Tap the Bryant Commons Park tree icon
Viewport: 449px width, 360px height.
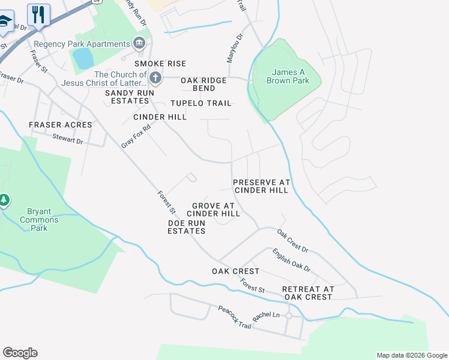(5, 199)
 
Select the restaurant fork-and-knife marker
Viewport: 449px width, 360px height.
(39, 14)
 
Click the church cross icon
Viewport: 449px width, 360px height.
(155, 77)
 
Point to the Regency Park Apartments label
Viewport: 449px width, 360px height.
(82, 44)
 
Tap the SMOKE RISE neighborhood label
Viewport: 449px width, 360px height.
(160, 64)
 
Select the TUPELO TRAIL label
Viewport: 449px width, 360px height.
(200, 103)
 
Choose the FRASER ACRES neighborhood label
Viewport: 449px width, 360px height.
(61, 125)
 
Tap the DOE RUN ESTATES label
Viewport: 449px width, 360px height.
(187, 227)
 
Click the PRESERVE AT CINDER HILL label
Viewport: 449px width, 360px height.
(261, 186)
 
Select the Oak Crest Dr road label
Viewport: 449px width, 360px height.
(292, 240)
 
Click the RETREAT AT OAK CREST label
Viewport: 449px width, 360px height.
(307, 293)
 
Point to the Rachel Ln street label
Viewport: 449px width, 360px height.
(267, 316)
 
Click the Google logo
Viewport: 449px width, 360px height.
(20, 353)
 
